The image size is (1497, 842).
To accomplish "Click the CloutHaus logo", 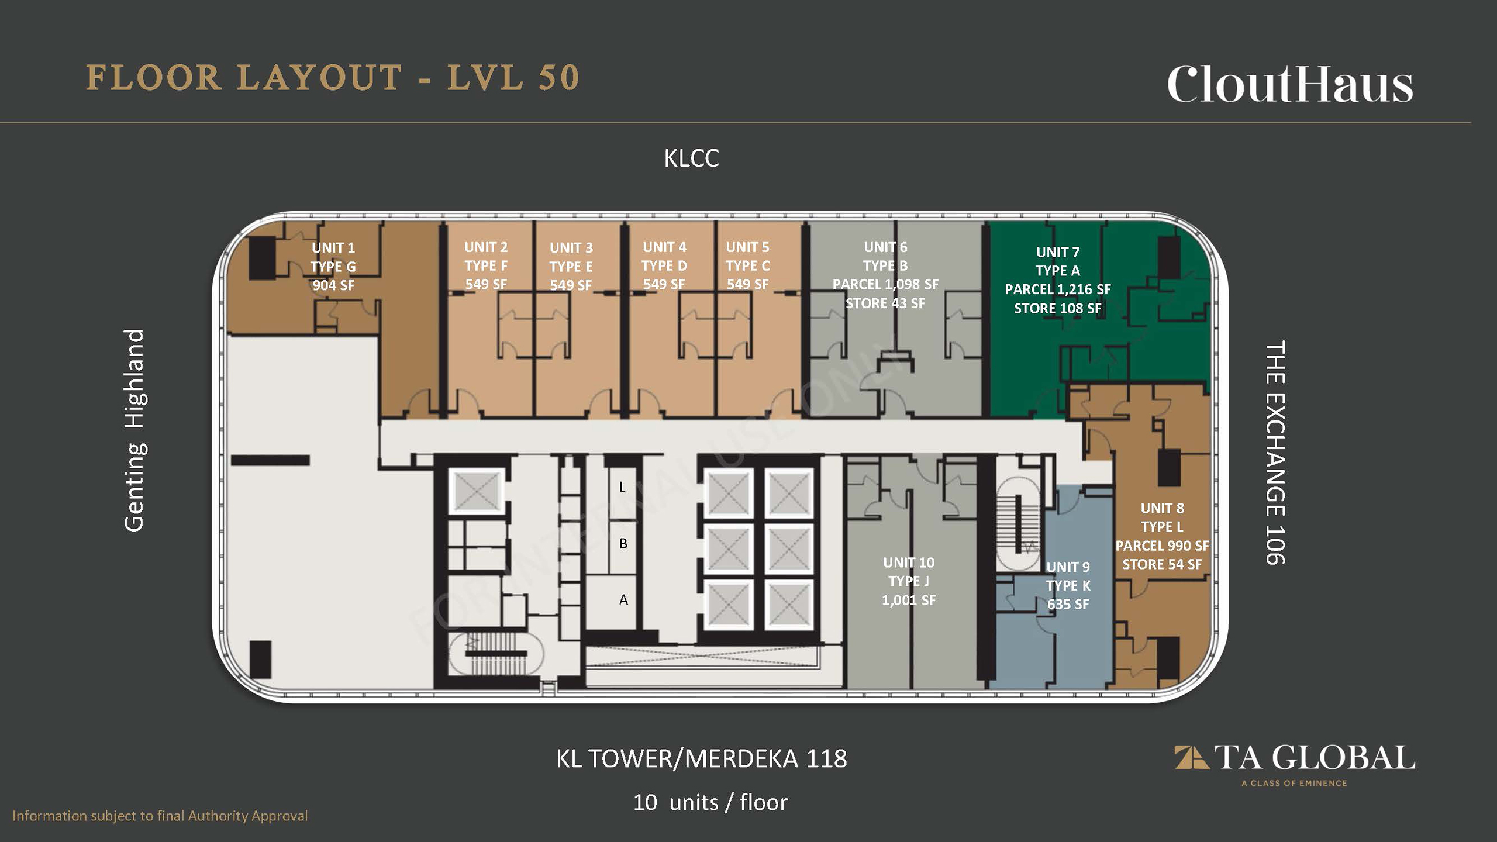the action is click(1290, 84).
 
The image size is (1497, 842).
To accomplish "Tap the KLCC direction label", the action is click(691, 158).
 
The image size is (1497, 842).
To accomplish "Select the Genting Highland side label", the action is click(134, 430).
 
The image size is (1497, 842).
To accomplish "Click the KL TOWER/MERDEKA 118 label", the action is click(701, 758).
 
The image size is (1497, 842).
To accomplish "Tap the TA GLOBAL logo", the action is click(1295, 764).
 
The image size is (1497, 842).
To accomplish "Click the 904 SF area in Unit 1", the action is click(333, 285).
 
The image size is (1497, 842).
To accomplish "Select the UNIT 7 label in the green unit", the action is click(1058, 252).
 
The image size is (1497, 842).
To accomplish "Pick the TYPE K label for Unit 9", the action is click(1068, 585).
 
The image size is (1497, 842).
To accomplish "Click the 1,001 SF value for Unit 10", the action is click(909, 600).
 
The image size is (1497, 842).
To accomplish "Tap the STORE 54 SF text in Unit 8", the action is click(1162, 564).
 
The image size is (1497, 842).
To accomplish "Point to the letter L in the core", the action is click(623, 487).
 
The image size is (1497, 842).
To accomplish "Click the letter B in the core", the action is click(623, 544).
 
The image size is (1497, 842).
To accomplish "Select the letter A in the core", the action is click(624, 600).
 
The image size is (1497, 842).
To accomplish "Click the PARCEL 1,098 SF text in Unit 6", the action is click(885, 284).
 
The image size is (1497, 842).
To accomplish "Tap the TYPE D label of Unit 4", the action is click(664, 265).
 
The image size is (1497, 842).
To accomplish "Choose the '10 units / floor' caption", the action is click(710, 802).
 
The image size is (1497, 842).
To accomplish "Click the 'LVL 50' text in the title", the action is click(513, 78).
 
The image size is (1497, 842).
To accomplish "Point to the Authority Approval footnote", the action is click(160, 816).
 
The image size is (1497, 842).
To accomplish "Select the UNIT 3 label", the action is click(571, 248).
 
